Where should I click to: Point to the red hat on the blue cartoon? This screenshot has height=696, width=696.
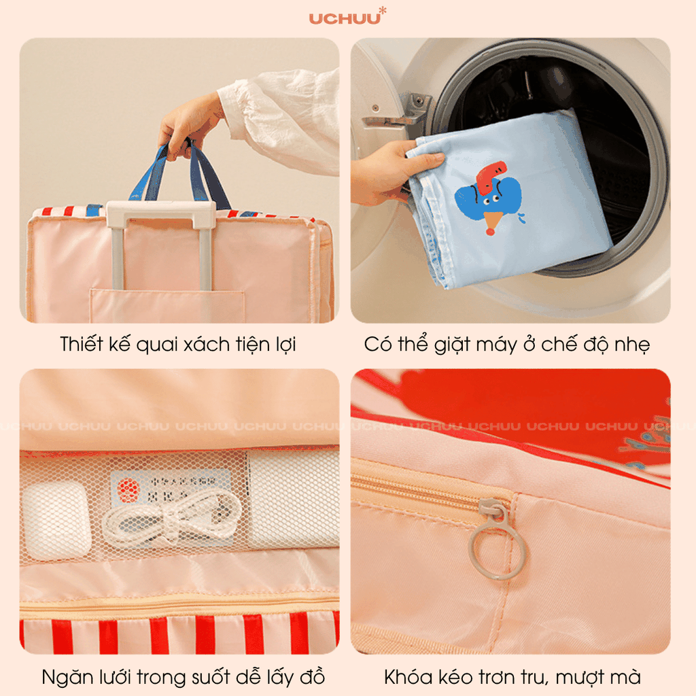(x=490, y=175)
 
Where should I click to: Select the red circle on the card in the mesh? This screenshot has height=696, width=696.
(x=128, y=489)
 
